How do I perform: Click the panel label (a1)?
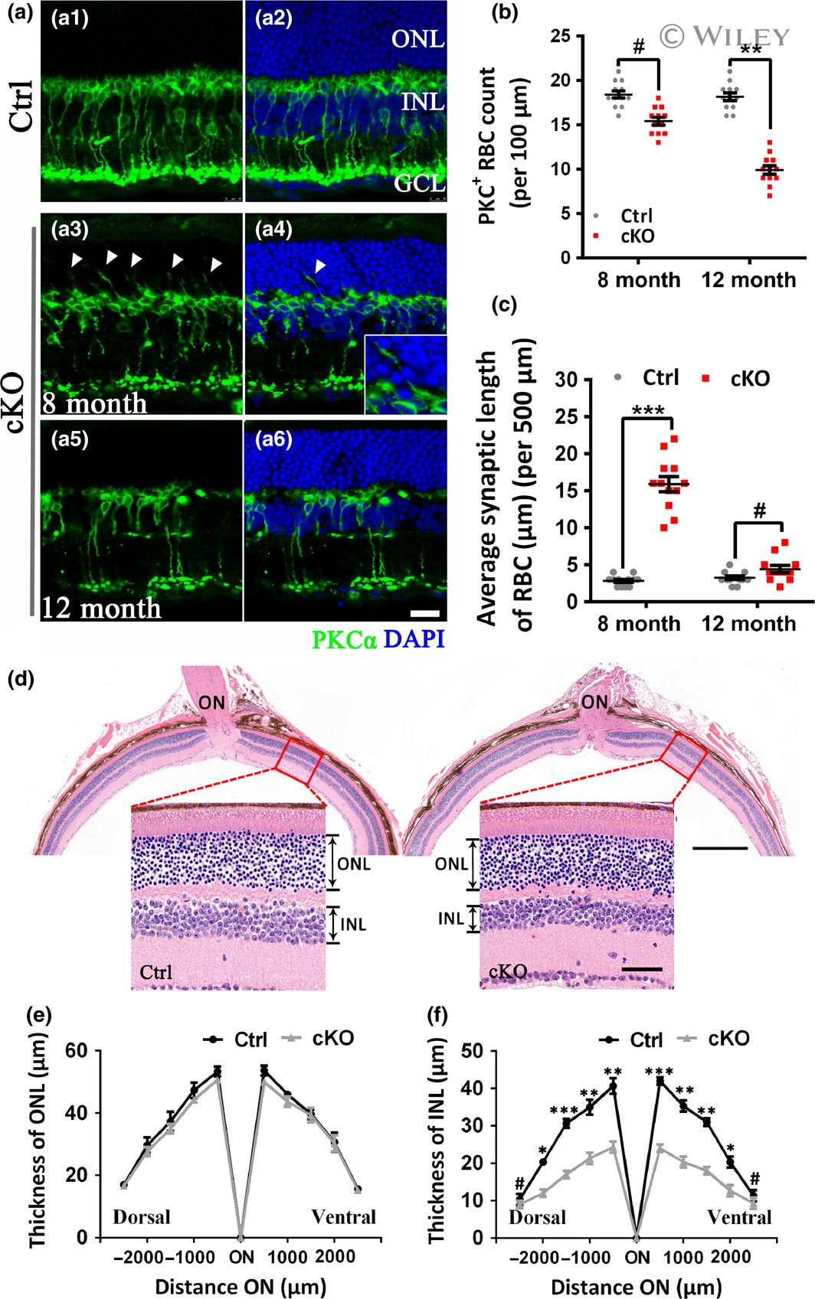click(x=69, y=18)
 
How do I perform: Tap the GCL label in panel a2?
click(x=418, y=183)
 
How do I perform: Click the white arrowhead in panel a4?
click(x=320, y=266)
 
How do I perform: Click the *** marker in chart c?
click(x=647, y=411)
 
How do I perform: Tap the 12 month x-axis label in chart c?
click(x=748, y=624)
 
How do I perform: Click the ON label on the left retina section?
click(x=212, y=701)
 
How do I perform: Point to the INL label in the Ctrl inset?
click(x=353, y=925)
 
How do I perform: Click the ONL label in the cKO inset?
click(x=451, y=863)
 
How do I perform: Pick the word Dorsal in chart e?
click(x=142, y=1216)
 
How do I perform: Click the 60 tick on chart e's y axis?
click(x=76, y=1050)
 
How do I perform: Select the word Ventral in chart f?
click(x=739, y=1216)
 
